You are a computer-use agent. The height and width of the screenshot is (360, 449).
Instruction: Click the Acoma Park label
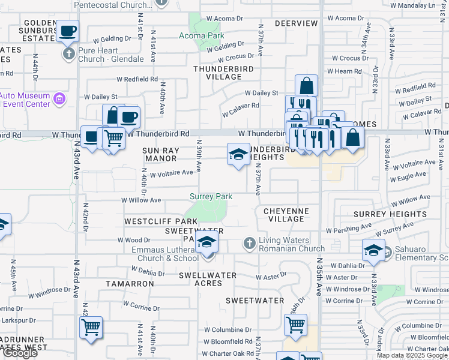click(x=200, y=35)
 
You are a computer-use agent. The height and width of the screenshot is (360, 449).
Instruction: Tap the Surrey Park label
click(x=211, y=196)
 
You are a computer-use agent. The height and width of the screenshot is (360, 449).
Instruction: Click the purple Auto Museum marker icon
click(x=59, y=98)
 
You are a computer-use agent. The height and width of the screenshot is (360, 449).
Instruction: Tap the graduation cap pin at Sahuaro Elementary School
click(x=373, y=250)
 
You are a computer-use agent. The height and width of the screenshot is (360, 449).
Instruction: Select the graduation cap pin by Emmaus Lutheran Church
click(x=207, y=242)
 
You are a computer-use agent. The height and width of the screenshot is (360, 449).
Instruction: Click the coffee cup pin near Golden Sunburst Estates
click(x=68, y=30)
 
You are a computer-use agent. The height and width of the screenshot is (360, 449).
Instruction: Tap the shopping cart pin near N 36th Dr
click(x=295, y=325)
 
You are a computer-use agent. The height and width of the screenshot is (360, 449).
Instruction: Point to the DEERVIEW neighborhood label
click(x=296, y=23)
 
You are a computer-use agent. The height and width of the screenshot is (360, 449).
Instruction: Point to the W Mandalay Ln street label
click(x=417, y=5)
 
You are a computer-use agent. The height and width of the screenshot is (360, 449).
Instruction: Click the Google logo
click(x=20, y=353)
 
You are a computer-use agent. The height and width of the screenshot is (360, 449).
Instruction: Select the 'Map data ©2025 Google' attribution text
click(x=412, y=355)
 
